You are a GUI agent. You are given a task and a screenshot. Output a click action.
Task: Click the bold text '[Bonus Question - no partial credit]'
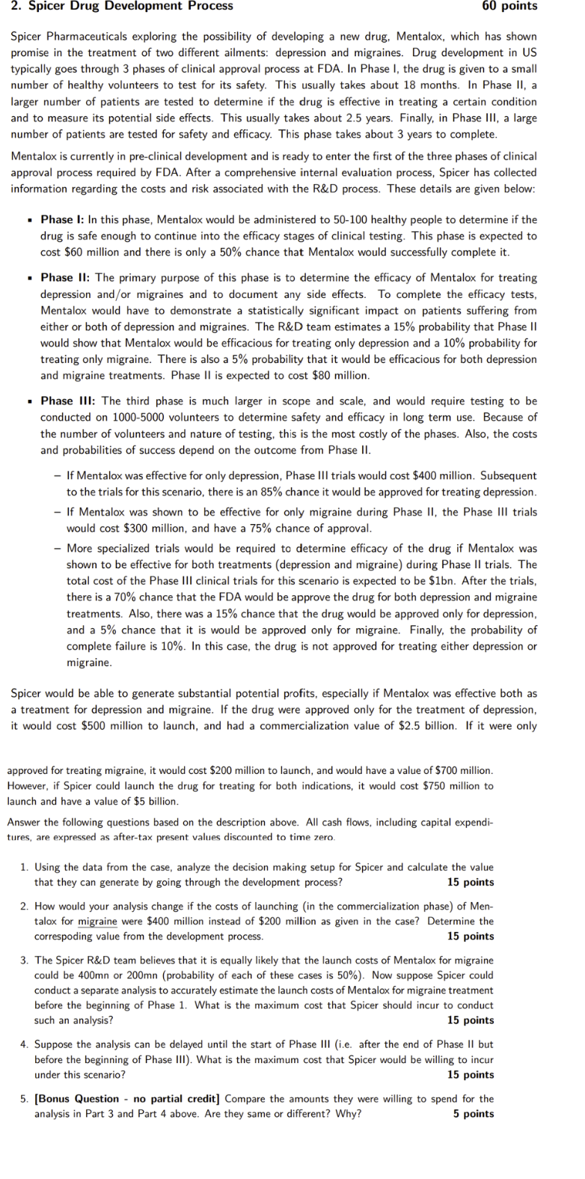coord(127,1098)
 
